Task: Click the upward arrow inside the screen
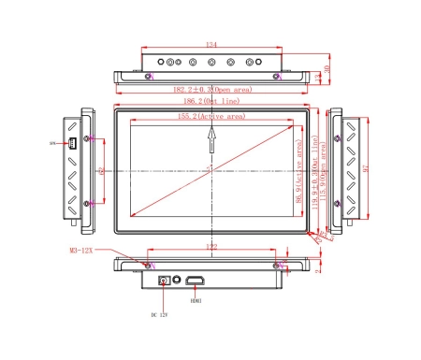click(x=212, y=139)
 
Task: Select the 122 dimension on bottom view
click(x=211, y=247)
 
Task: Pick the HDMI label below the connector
click(x=196, y=300)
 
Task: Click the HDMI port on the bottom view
click(x=196, y=280)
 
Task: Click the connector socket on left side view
click(x=72, y=143)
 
